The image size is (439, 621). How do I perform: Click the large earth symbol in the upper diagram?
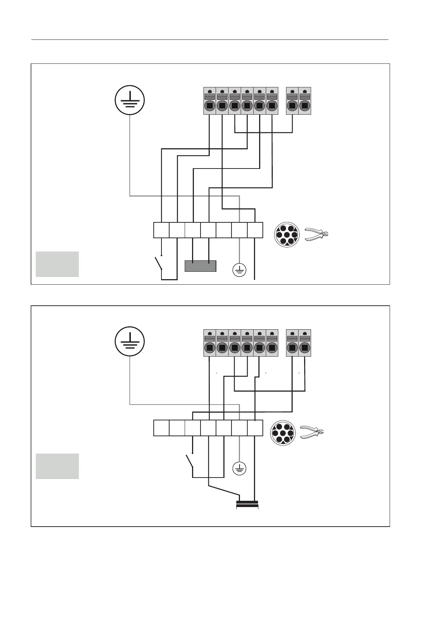coord(129,100)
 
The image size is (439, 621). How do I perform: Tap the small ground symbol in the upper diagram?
coord(239,270)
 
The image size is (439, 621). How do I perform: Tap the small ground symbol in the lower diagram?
coord(239,469)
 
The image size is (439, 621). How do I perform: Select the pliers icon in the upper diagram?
coord(317,234)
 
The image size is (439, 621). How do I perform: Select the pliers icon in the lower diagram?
coord(312,432)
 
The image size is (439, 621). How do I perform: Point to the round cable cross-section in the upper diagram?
coord(287,235)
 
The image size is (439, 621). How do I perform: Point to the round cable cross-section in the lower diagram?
coord(283,433)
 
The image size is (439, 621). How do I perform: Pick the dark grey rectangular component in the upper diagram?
coord(200,266)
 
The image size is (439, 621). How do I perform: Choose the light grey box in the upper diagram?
coord(57,264)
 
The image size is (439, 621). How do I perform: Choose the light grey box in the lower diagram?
coord(57,466)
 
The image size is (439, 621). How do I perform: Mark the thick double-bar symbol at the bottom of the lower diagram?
coord(247,504)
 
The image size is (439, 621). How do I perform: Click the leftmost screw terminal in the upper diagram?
coord(210,101)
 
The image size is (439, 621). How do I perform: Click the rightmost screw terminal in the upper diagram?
coord(304,101)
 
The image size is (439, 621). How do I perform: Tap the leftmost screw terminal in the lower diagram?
coord(210,343)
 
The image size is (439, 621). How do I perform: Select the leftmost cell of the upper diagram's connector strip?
coord(161,230)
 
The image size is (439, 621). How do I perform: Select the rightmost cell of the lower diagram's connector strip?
coord(255,428)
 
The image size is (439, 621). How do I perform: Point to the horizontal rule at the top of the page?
coord(210,39)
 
